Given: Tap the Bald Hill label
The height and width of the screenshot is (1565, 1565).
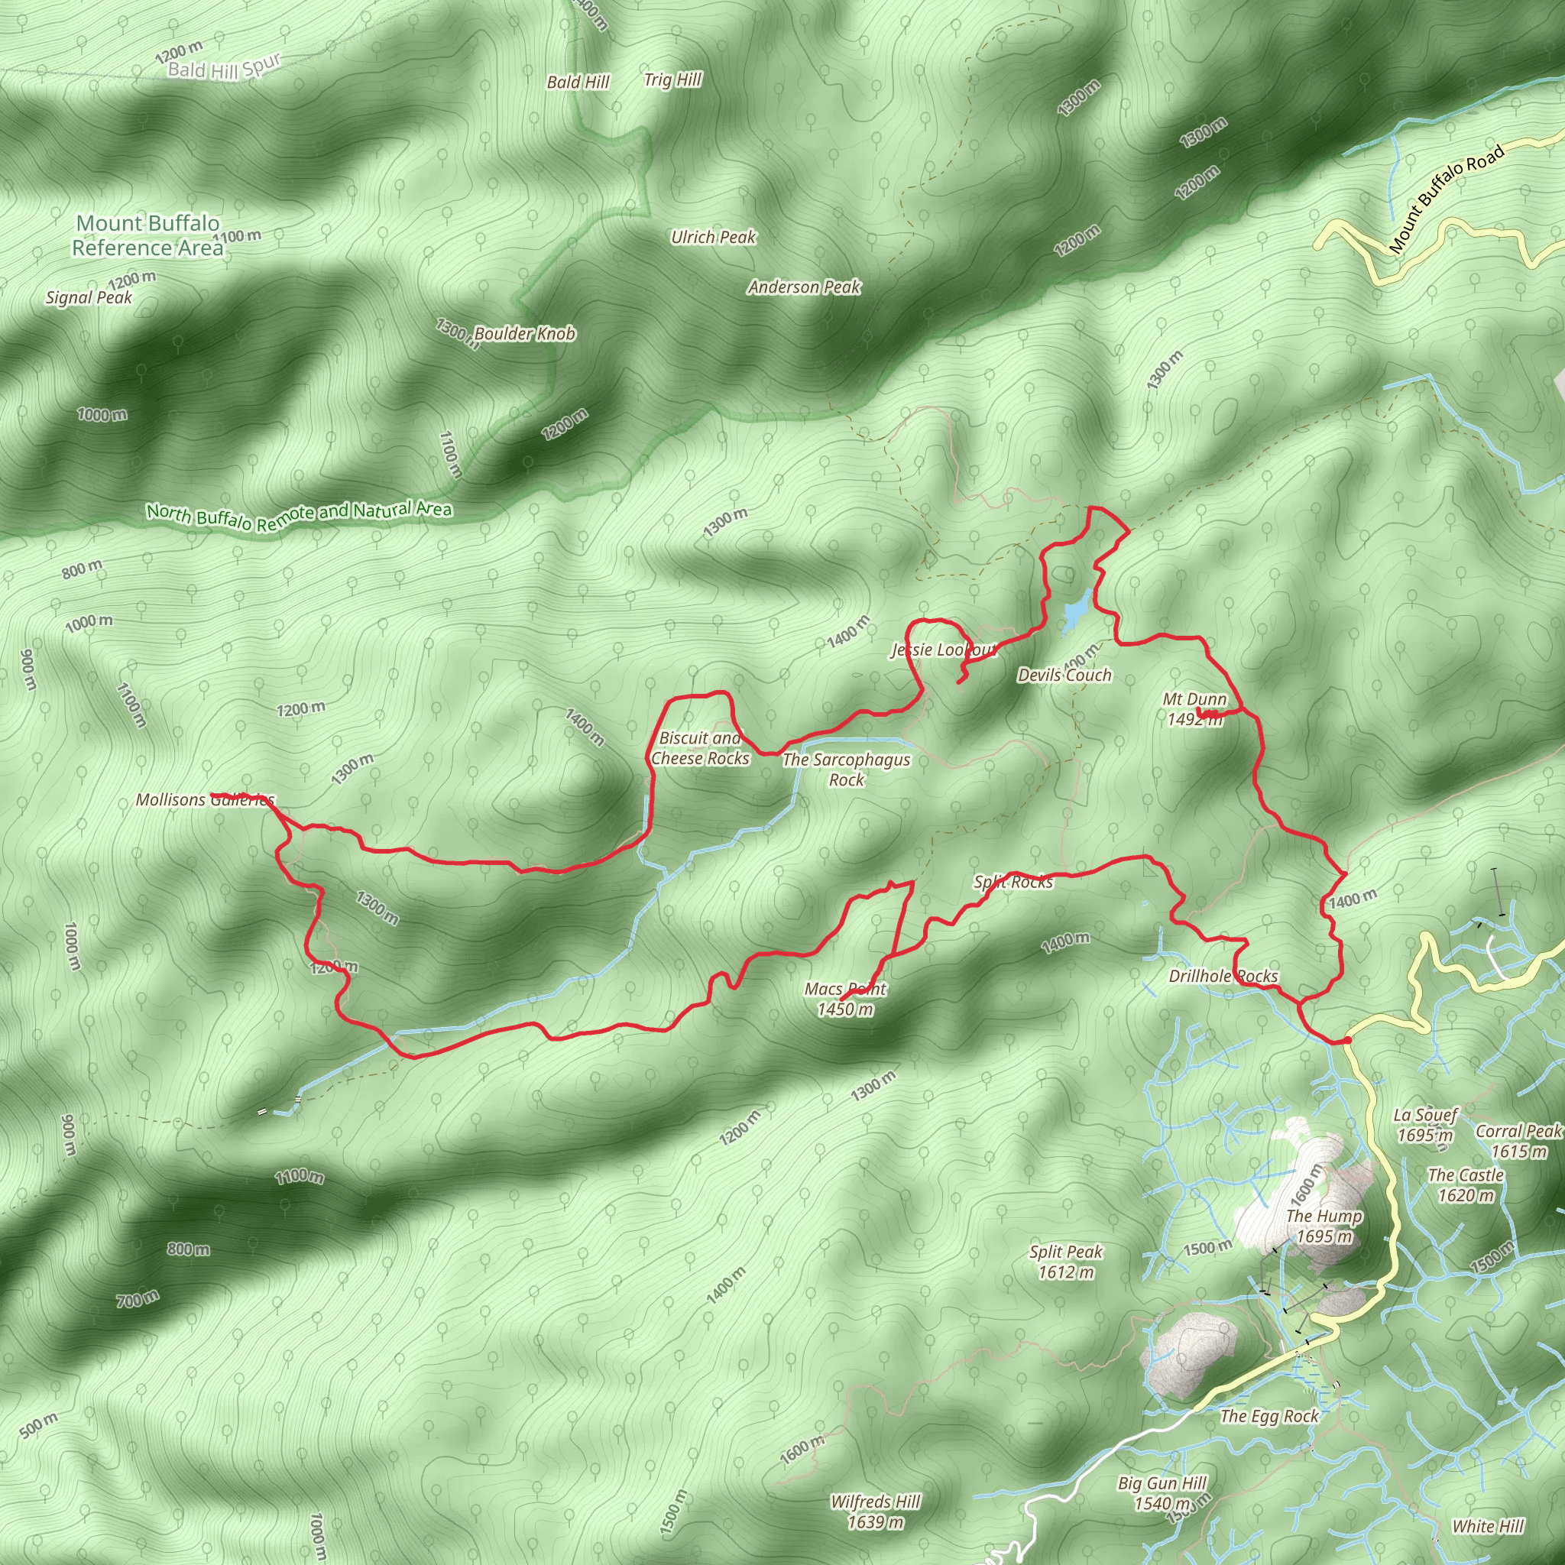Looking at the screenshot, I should click(578, 82).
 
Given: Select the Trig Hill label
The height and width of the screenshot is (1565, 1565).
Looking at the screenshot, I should click(672, 79).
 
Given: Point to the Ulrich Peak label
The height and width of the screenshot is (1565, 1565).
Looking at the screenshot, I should click(713, 238).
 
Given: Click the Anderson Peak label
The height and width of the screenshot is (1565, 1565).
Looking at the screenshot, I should click(804, 287).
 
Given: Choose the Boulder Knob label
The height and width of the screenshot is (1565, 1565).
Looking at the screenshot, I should click(524, 334).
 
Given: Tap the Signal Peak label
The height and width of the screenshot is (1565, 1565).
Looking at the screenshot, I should click(89, 297).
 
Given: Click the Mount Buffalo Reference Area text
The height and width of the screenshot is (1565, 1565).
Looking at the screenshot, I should click(147, 235).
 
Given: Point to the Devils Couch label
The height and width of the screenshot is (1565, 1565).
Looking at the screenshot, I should click(1064, 675).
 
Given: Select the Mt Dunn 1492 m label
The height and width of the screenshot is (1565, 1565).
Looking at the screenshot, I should click(1194, 709).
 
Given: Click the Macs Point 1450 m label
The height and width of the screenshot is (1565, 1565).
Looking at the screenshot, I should click(845, 999).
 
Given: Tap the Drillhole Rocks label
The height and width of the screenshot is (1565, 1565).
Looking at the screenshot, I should click(1223, 976).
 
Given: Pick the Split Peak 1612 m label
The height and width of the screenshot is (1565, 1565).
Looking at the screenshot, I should click(1066, 1261).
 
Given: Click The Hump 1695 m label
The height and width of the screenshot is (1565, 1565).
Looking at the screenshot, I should click(1324, 1226).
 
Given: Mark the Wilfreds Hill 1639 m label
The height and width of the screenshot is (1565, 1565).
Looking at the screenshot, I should click(875, 1512).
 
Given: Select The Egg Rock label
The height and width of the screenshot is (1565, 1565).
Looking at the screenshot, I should click(1269, 1415).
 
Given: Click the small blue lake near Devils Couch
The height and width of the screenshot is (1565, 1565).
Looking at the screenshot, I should click(1076, 612).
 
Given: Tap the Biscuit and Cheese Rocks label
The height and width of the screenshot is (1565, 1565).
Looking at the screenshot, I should click(700, 747).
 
